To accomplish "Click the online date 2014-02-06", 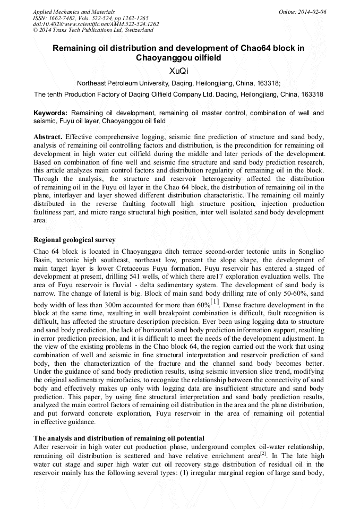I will point(310,11).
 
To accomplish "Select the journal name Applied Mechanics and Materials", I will point(74,11).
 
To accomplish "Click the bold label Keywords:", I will point(50,113).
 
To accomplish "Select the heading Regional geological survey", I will point(74,240).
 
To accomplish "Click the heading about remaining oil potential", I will point(119,438).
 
